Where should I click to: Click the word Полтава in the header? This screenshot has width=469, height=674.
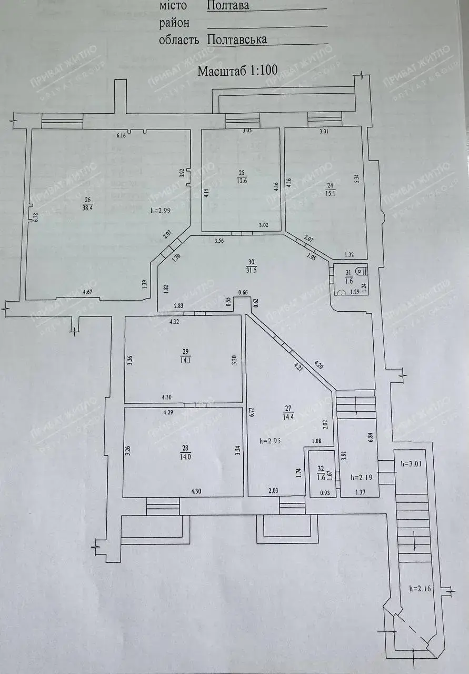click(x=228, y=6)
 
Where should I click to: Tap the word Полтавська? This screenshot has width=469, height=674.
click(x=237, y=39)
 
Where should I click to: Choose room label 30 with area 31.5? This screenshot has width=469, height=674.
click(x=251, y=265)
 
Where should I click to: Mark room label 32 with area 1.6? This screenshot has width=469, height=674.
click(x=321, y=473)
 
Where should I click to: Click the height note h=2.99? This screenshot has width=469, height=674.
click(x=161, y=211)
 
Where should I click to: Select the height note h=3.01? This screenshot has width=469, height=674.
click(x=412, y=465)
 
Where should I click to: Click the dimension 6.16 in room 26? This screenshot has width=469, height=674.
click(x=122, y=136)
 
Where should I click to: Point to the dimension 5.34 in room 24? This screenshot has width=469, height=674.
click(x=357, y=179)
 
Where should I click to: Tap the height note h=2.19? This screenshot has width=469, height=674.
click(x=361, y=477)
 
